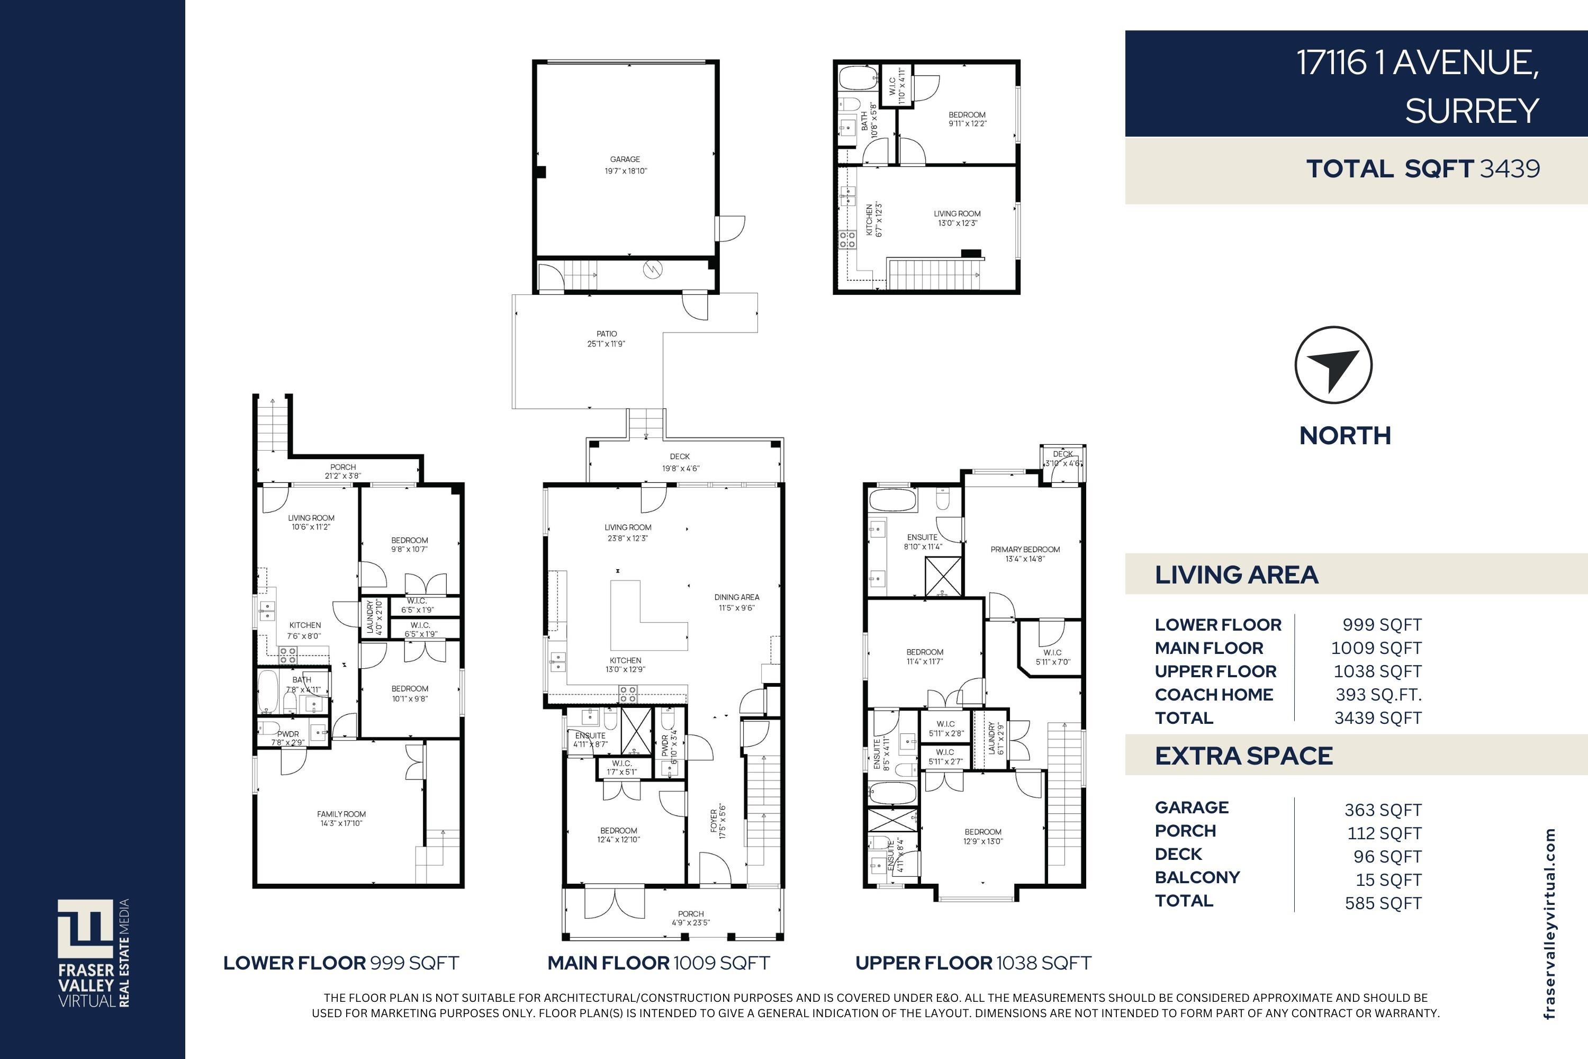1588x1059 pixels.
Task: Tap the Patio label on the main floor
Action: [x=606, y=338]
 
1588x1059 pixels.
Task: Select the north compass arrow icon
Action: [x=1333, y=365]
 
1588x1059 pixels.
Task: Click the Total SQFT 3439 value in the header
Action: [x=1509, y=169]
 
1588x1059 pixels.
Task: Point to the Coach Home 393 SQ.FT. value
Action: [x=1378, y=694]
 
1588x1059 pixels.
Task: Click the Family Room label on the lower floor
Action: [x=341, y=819]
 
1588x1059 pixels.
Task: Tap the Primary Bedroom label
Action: [x=1025, y=554]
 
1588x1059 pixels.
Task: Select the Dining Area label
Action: [x=737, y=602]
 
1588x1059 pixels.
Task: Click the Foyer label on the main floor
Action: [x=717, y=821]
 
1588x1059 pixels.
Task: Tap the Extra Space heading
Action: [x=1243, y=756]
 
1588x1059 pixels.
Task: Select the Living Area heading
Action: [x=1236, y=575]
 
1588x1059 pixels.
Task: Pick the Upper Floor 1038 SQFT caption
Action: [x=973, y=963]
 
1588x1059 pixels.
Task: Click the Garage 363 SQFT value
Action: [x=1383, y=810]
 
